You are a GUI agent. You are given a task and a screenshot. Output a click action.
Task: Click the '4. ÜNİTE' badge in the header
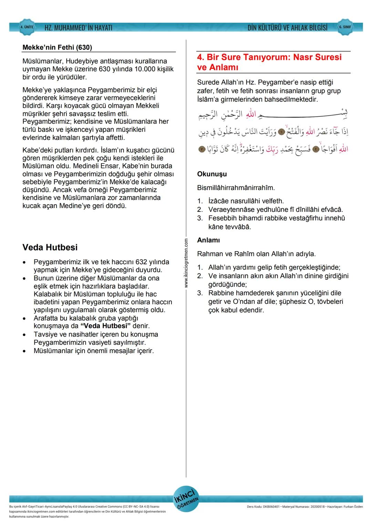(x=27, y=27)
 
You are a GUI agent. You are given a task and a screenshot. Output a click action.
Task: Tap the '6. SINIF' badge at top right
(x=345, y=27)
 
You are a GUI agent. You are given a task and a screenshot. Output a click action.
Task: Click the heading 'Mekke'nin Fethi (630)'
(x=57, y=47)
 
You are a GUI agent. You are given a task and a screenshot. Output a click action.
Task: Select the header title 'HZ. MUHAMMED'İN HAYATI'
(x=78, y=28)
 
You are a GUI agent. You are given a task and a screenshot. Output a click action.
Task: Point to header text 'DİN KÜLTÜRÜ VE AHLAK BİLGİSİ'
(x=287, y=28)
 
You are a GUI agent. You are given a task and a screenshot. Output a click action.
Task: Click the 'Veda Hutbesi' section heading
(x=50, y=247)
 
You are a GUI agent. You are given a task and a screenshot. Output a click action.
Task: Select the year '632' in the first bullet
(x=141, y=262)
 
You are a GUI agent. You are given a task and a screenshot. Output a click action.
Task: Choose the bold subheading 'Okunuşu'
(x=212, y=174)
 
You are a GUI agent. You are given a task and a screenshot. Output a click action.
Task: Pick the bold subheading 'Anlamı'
(x=208, y=240)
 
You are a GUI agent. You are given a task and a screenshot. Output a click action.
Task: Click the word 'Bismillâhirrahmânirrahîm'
(x=236, y=188)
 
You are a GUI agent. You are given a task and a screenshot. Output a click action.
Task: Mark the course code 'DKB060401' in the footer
(x=271, y=507)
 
